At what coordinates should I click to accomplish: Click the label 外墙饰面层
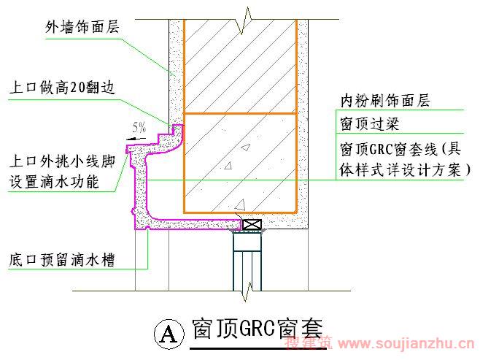click(x=82, y=27)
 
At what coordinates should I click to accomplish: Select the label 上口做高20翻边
click(x=62, y=88)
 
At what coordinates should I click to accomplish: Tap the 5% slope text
click(x=139, y=127)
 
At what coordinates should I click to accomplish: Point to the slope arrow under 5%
click(x=136, y=139)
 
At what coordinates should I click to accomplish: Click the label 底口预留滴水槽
click(x=62, y=260)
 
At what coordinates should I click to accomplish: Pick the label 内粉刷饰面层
click(x=385, y=101)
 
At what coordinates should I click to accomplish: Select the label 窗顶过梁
click(x=370, y=124)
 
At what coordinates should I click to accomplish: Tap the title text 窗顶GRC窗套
click(x=258, y=329)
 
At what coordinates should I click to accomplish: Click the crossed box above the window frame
click(x=252, y=225)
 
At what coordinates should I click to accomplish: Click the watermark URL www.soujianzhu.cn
click(x=406, y=344)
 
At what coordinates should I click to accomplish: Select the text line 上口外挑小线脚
click(x=63, y=161)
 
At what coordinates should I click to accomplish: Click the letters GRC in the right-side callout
click(x=381, y=150)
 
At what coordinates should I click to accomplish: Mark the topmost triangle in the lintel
click(x=246, y=148)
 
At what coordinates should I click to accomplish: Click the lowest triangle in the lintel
click(x=240, y=204)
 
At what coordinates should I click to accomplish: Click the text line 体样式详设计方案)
click(x=406, y=170)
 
